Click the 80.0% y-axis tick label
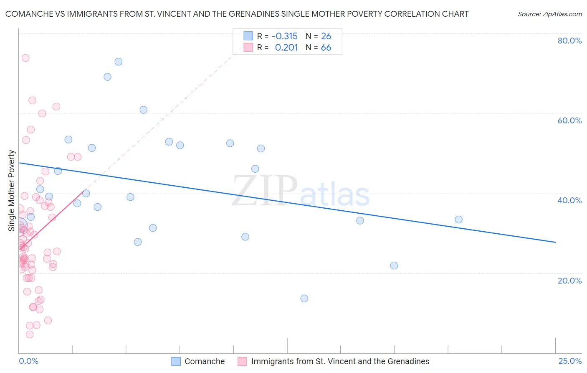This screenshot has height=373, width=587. [569, 41]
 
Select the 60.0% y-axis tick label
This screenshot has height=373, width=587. [569, 120]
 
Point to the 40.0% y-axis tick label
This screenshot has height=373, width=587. [569, 200]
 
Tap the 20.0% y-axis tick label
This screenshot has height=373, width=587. [569, 280]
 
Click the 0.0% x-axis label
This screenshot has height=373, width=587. [28, 361]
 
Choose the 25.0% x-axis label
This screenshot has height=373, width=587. [570, 361]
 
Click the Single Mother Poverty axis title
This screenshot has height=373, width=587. [12, 191]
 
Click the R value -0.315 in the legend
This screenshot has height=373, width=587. [284, 36]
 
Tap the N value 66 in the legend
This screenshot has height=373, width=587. [326, 48]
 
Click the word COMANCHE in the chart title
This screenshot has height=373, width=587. [29, 14]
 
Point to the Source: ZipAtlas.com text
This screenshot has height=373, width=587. [549, 14]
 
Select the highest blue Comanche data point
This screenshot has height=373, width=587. [119, 61]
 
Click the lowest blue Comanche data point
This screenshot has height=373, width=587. [304, 298]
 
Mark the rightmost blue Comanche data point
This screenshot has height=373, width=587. [458, 220]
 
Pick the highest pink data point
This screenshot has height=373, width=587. [25, 58]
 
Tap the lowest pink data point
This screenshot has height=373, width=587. [30, 335]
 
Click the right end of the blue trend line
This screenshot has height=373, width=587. [555, 242]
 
